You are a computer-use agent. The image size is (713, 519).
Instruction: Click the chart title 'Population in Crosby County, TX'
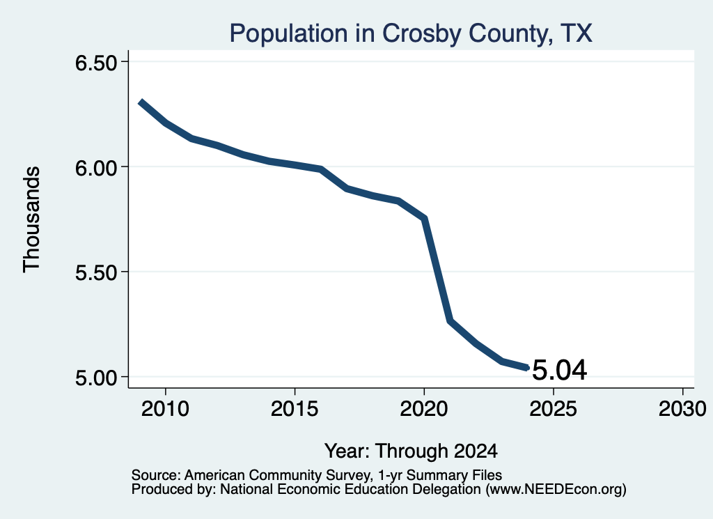(x=411, y=33)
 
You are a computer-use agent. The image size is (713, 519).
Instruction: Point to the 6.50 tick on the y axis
(x=96, y=62)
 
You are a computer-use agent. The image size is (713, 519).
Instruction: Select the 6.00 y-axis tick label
(x=96, y=167)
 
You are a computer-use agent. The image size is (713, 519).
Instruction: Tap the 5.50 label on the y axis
(x=96, y=272)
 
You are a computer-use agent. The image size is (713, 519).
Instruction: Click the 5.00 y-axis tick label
(x=96, y=377)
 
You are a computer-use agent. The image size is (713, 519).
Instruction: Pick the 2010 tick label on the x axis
(x=165, y=408)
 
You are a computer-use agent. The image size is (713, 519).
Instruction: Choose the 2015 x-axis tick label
(x=295, y=408)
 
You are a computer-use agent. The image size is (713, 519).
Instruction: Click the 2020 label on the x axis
(x=424, y=408)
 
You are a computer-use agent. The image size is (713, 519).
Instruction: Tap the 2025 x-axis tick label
(x=553, y=408)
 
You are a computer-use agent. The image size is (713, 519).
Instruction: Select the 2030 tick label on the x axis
(x=682, y=408)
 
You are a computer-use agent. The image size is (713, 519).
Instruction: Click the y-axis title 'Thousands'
(x=32, y=219)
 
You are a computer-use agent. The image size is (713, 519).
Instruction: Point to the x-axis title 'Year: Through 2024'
(x=411, y=451)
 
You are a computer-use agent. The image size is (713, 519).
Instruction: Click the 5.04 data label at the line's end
(x=559, y=369)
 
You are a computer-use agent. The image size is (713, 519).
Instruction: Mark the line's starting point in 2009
(x=140, y=102)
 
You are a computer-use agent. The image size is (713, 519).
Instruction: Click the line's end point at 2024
(x=527, y=368)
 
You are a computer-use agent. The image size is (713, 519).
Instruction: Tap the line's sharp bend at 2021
(x=450, y=321)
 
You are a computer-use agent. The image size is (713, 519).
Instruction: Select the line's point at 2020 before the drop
(x=424, y=219)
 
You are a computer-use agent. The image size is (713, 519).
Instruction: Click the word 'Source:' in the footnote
(x=156, y=475)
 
